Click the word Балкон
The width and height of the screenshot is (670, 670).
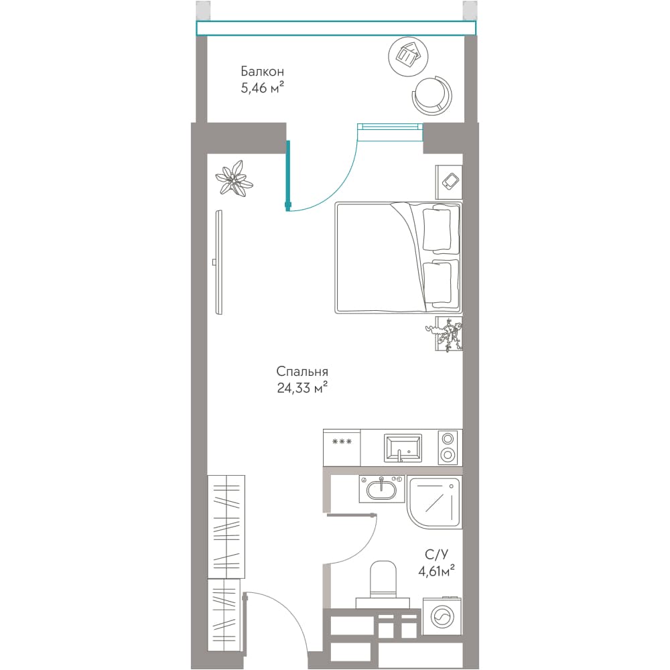click(263, 71)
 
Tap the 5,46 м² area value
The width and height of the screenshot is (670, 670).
click(263, 88)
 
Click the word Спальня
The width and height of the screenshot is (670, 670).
click(302, 371)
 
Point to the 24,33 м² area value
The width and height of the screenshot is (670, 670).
click(302, 387)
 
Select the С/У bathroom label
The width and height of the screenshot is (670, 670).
click(437, 555)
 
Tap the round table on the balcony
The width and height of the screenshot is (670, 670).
click(408, 56)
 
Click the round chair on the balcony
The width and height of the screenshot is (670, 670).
click(431, 95)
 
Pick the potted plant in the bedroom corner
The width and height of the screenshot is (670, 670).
click(234, 179)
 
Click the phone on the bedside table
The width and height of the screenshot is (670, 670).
click(450, 181)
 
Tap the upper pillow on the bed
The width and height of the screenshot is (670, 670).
click(437, 228)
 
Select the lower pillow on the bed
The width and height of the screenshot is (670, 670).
click(437, 283)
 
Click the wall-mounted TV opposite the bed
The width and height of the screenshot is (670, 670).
click(219, 263)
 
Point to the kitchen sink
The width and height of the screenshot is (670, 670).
click(403, 448)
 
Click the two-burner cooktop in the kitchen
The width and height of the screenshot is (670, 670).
click(448, 447)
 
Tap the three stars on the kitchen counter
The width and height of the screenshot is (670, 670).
click(342, 442)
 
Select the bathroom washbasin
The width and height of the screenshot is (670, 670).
click(382, 488)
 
